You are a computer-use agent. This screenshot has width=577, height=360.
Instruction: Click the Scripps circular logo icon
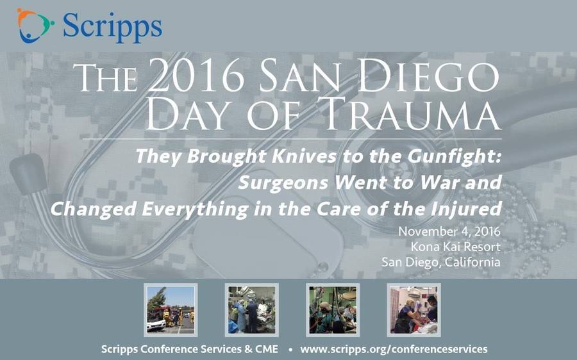pyautogui.click(x=35, y=26)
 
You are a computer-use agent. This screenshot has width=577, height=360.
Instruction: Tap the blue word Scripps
pyautogui.click(x=112, y=26)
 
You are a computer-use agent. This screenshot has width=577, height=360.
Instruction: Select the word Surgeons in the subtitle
pyautogui.click(x=283, y=183)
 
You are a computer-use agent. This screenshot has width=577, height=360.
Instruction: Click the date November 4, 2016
pyautogui.click(x=449, y=232)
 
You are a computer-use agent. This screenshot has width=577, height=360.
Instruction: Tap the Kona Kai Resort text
pyautogui.click(x=455, y=247)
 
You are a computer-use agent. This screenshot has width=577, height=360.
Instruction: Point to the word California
pyautogui.click(x=472, y=262)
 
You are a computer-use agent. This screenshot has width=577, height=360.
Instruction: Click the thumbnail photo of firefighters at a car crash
pyautogui.click(x=171, y=310)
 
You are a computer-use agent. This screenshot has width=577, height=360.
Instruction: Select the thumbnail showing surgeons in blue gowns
pyautogui.click(x=252, y=310)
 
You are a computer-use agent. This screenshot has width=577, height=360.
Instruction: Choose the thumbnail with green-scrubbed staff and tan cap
pyautogui.click(x=333, y=310)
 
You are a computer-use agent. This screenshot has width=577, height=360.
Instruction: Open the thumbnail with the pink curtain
pyautogui.click(x=414, y=310)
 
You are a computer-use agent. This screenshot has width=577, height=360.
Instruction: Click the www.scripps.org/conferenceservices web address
pyautogui.click(x=394, y=349)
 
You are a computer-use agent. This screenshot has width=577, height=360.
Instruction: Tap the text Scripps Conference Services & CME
pyautogui.click(x=190, y=349)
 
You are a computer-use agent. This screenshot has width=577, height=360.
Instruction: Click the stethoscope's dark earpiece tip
pyautogui.click(x=28, y=174)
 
